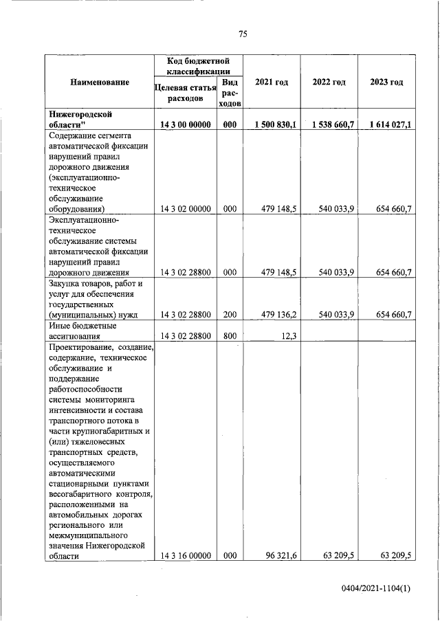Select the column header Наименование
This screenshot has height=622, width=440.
pyautogui.click(x=100, y=82)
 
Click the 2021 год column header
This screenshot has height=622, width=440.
pyautogui.click(x=272, y=82)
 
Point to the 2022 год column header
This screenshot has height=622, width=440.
pyautogui.click(x=329, y=82)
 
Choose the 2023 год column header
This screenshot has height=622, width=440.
pyautogui.click(x=386, y=82)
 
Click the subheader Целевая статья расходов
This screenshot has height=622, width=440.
pyautogui.click(x=186, y=93)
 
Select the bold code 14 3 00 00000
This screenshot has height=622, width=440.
pyautogui.click(x=186, y=124)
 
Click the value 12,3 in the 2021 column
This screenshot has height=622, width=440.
pyautogui.click(x=289, y=337)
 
